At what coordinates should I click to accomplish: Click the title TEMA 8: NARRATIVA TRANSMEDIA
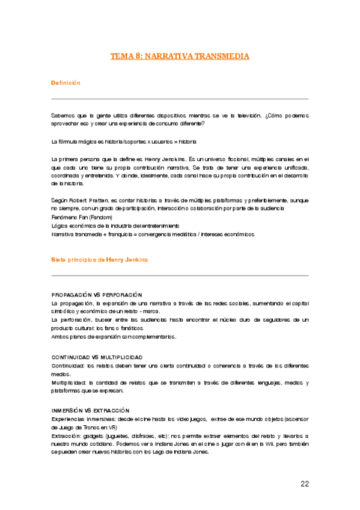click(180, 56)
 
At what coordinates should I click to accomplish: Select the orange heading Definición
click(66, 82)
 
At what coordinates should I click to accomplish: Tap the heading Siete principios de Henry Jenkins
click(100, 259)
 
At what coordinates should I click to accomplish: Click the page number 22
click(304, 483)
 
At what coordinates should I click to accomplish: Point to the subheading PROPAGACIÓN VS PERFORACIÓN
click(97, 295)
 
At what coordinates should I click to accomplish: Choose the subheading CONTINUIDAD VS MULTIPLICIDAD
click(97, 357)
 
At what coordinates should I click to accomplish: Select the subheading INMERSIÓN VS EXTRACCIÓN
click(90, 410)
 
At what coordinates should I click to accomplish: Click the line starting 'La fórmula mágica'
click(124, 141)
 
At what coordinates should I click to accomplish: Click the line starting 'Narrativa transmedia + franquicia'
click(153, 234)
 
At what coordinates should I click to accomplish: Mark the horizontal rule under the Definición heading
click(180, 99)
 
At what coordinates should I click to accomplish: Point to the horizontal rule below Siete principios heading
click(180, 275)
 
